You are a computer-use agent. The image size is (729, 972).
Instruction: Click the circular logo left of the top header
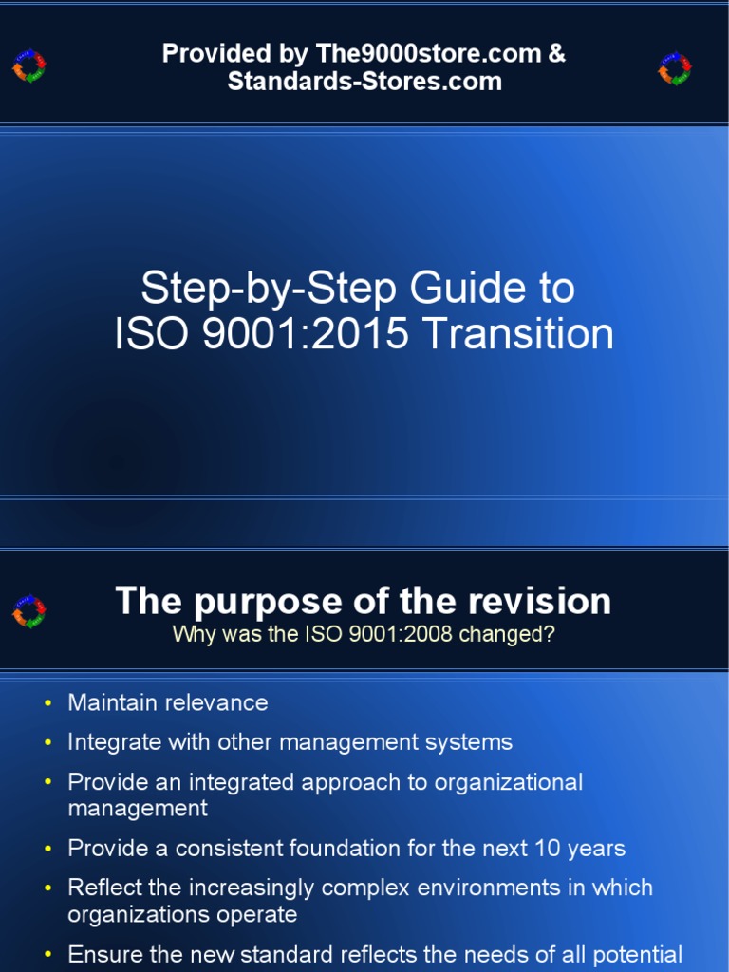(x=29, y=66)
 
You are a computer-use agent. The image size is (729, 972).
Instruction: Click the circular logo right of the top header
(x=675, y=67)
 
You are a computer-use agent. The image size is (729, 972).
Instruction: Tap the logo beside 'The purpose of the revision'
(x=29, y=612)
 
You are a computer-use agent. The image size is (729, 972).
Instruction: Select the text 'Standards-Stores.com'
(x=364, y=82)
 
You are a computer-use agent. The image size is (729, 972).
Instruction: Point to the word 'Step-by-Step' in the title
(x=242, y=288)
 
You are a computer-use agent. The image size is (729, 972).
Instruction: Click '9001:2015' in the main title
(x=321, y=334)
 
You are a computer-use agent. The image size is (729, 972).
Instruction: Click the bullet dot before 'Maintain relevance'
(x=48, y=703)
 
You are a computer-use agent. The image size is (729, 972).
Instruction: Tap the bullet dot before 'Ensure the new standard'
(x=48, y=955)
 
